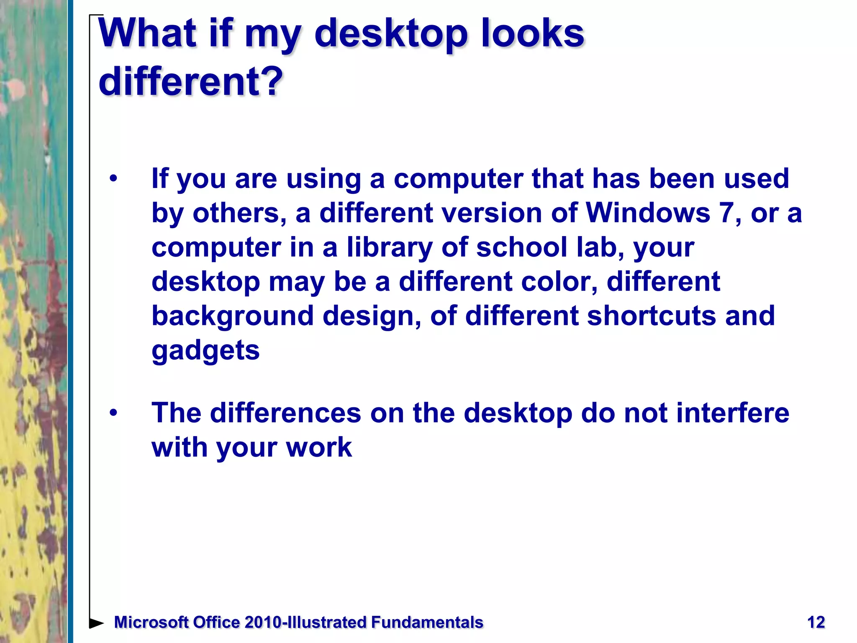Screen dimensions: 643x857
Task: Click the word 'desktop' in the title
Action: click(x=390, y=34)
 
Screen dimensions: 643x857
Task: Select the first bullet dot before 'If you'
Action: click(x=113, y=179)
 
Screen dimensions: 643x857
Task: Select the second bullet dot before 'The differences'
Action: click(x=113, y=413)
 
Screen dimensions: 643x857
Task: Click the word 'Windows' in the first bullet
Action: click(x=647, y=213)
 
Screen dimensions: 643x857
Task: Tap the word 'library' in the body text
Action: click(x=389, y=247)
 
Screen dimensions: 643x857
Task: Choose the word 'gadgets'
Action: click(x=205, y=350)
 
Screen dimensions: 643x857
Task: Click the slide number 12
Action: click(x=816, y=622)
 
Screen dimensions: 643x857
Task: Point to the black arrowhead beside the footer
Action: click(x=96, y=623)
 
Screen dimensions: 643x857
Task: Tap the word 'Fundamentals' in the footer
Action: click(x=427, y=622)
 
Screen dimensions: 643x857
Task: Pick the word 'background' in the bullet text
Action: click(x=232, y=316)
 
